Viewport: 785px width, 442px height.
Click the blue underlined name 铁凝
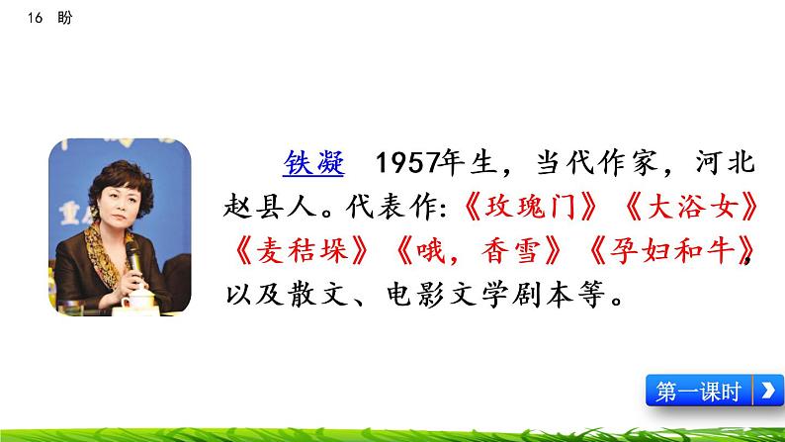coord(313,163)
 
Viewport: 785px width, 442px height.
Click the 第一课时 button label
coord(699,392)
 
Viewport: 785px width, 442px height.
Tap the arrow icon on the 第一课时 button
coord(766,392)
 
